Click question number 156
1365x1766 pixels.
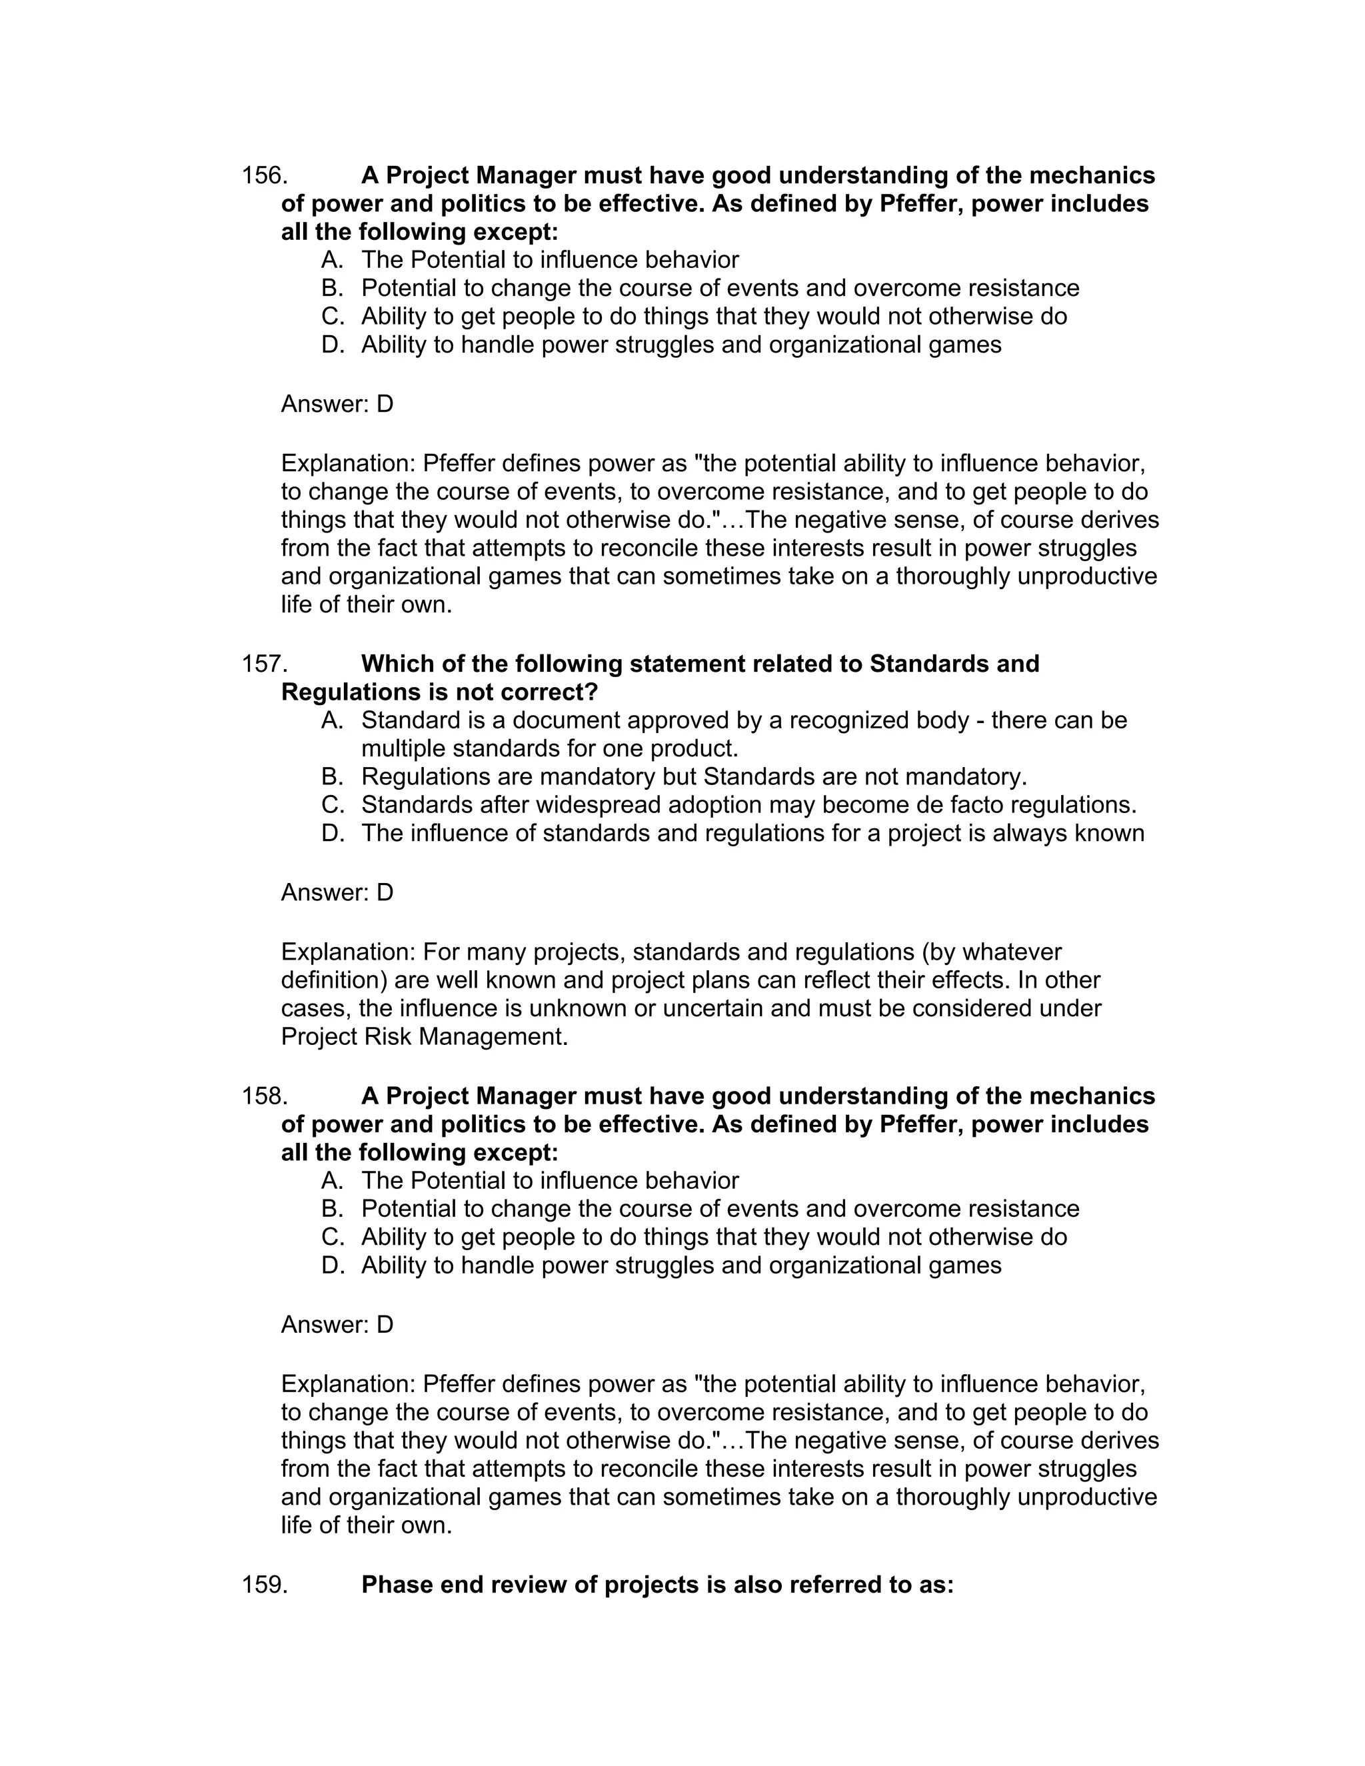(265, 175)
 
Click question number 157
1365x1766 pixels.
(265, 664)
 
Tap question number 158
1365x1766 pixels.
(265, 1096)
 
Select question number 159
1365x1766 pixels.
(265, 1584)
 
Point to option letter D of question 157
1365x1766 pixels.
(333, 833)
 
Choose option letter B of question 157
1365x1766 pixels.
(333, 776)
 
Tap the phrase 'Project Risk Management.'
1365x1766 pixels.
(425, 1037)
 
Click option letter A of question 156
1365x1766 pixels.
(333, 259)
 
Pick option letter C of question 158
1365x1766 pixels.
(333, 1236)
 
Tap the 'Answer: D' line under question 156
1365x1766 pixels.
(337, 403)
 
